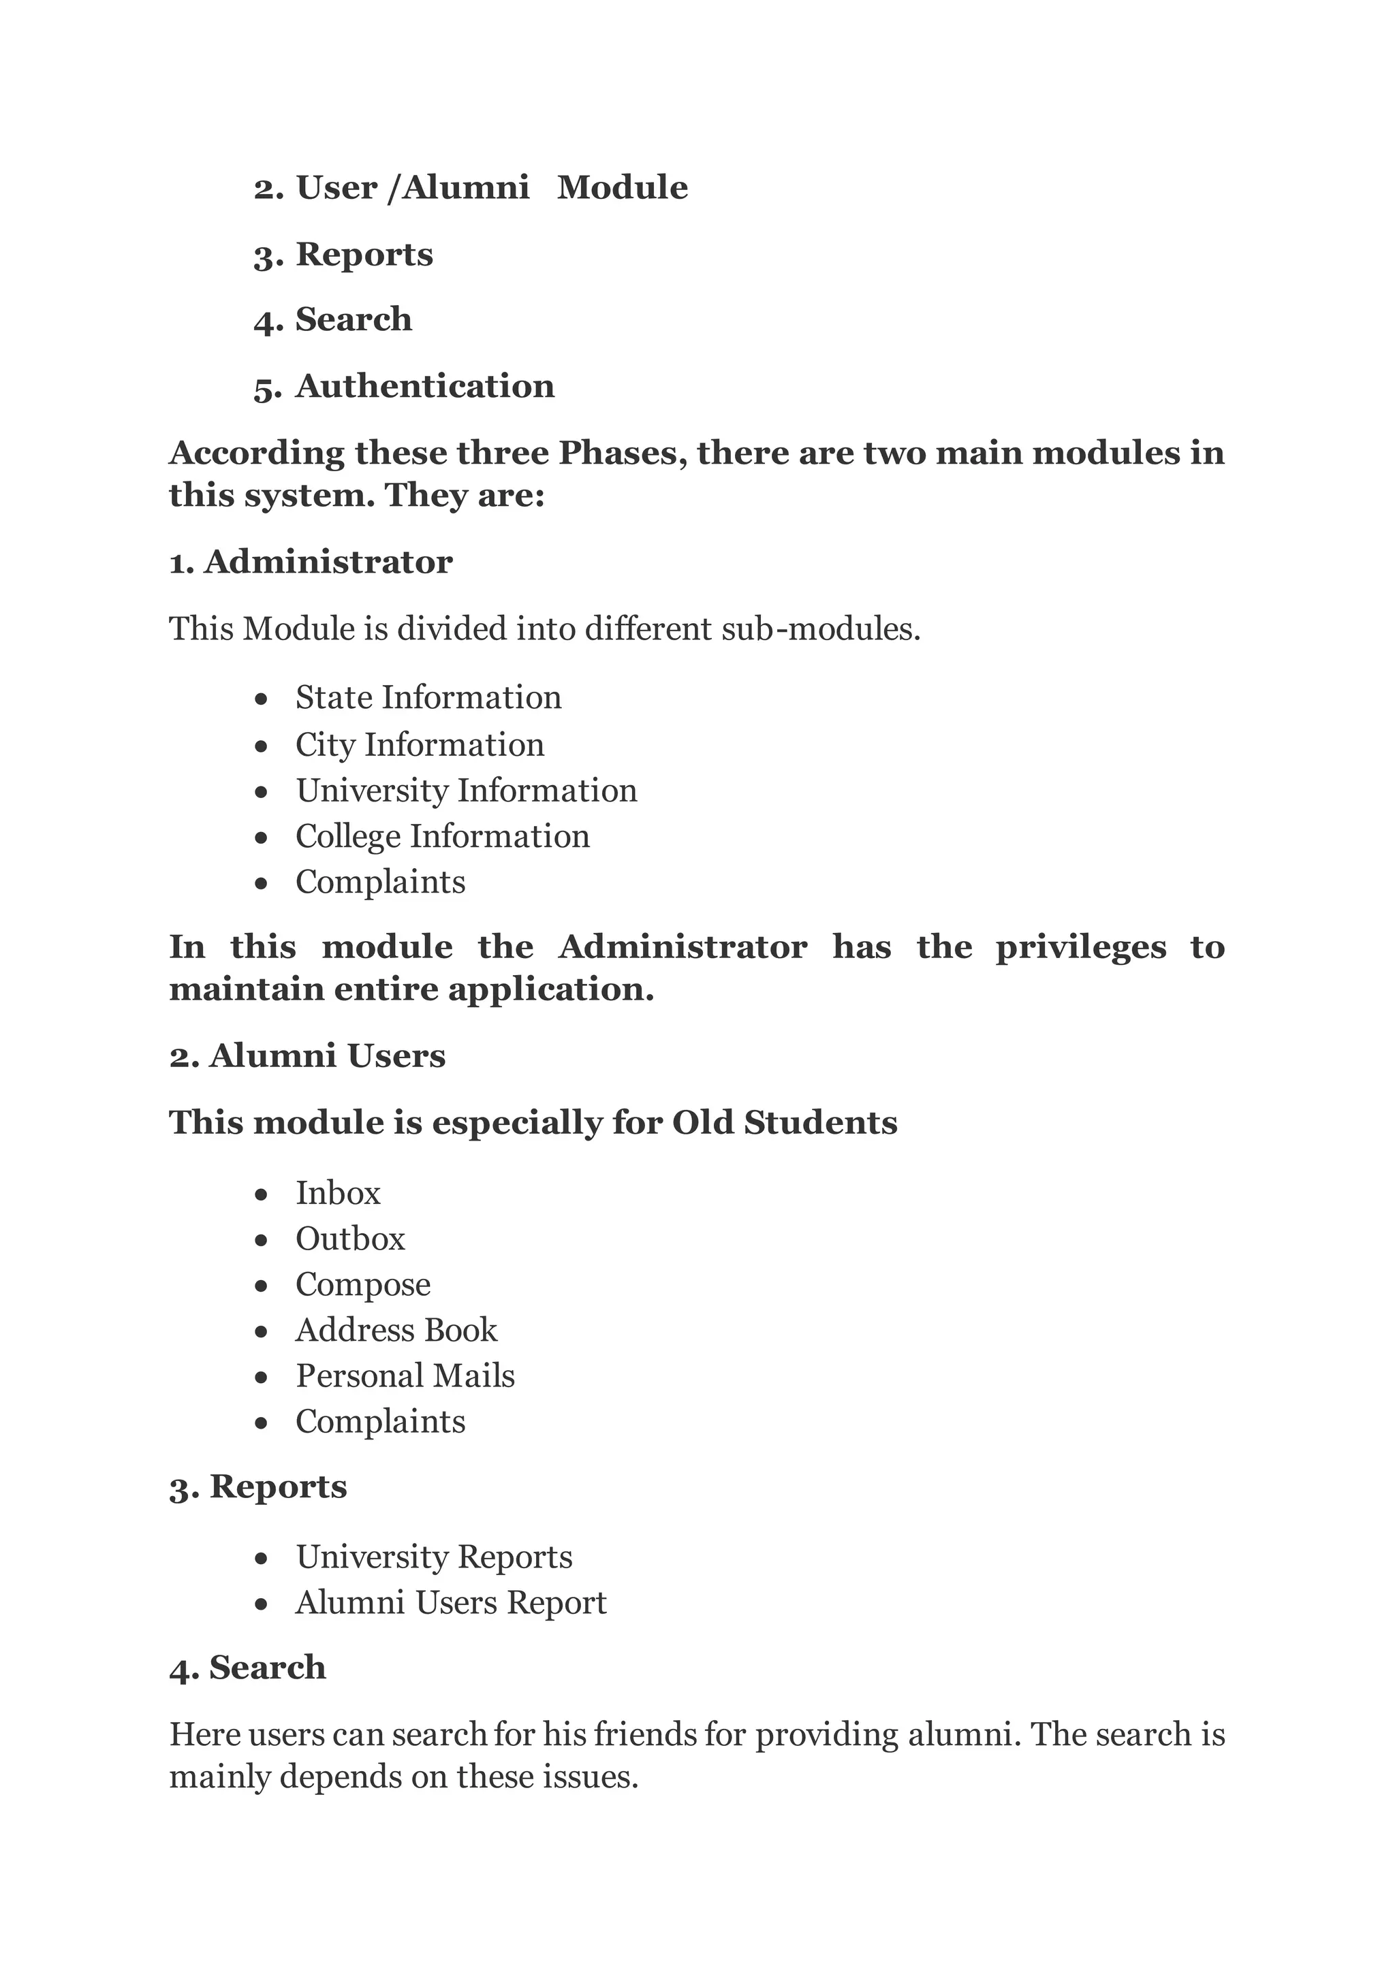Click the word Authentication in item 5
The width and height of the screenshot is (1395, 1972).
click(424, 387)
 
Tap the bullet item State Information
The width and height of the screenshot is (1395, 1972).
click(428, 697)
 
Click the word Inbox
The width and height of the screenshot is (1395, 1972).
click(338, 1193)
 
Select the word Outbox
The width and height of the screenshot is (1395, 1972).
click(349, 1239)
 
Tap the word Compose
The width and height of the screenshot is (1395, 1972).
click(362, 1285)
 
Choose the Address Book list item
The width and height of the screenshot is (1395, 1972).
click(396, 1331)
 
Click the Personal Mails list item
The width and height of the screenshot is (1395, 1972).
click(405, 1376)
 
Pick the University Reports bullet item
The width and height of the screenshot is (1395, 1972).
click(434, 1557)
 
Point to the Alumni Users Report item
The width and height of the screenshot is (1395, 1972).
click(450, 1603)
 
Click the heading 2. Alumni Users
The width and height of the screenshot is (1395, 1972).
click(307, 1056)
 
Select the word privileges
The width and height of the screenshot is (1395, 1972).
click(1080, 947)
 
